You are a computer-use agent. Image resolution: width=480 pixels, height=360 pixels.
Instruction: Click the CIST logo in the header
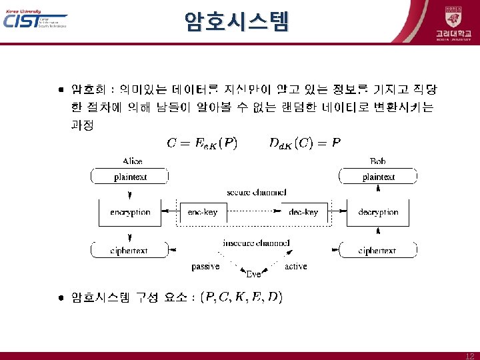pyautogui.click(x=35, y=20)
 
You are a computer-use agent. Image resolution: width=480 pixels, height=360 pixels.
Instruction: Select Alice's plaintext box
pyautogui.click(x=130, y=177)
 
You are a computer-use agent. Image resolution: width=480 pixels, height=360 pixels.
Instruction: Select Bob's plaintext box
pyautogui.click(x=378, y=177)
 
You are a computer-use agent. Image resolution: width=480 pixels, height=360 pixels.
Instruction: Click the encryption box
pyautogui.click(x=130, y=212)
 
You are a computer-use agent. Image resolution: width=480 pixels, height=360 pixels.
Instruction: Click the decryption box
pyautogui.click(x=378, y=212)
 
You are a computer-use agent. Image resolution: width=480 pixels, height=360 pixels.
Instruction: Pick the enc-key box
pyautogui.click(x=203, y=212)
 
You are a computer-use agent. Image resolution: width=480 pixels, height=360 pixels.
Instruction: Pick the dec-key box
pyautogui.click(x=303, y=212)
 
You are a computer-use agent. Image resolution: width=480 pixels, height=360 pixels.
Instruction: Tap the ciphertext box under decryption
pyautogui.click(x=378, y=251)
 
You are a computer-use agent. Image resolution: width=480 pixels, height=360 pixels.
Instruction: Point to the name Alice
pyautogui.click(x=132, y=161)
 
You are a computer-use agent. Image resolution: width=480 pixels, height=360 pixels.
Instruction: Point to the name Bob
pyautogui.click(x=378, y=161)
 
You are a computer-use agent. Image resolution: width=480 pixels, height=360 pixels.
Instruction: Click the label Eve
pyautogui.click(x=253, y=274)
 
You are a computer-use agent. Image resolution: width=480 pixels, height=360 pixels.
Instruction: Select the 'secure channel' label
pyautogui.click(x=256, y=192)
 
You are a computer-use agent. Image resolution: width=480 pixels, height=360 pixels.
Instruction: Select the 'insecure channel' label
pyautogui.click(x=256, y=243)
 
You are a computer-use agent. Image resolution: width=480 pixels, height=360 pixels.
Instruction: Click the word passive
pyautogui.click(x=205, y=267)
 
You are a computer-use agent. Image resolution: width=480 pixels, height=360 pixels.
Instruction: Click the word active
pyautogui.click(x=295, y=267)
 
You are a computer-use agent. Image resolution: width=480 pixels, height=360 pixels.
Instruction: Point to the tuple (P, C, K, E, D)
pyautogui.click(x=243, y=297)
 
